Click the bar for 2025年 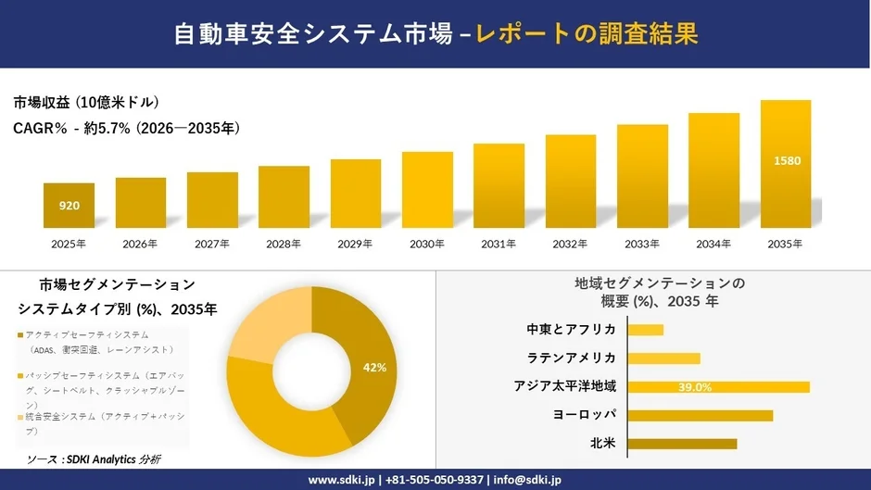coord(69,206)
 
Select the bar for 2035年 coord(786,164)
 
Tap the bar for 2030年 coord(427,190)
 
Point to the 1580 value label coord(787,161)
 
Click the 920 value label coord(69,206)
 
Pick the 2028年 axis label coord(284,244)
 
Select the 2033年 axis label coord(642,244)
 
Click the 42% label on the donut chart coord(374,368)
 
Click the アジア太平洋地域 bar coord(718,387)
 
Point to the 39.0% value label coord(695,387)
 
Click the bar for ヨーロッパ coord(700,415)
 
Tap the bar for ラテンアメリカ coord(663,358)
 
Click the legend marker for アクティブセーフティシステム coord(20,334)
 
